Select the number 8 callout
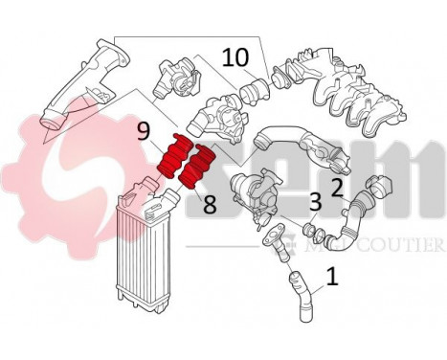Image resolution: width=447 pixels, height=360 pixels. (x=209, y=202)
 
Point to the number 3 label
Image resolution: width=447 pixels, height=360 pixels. (x=314, y=201)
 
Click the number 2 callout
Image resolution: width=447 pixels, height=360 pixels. (x=336, y=185)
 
